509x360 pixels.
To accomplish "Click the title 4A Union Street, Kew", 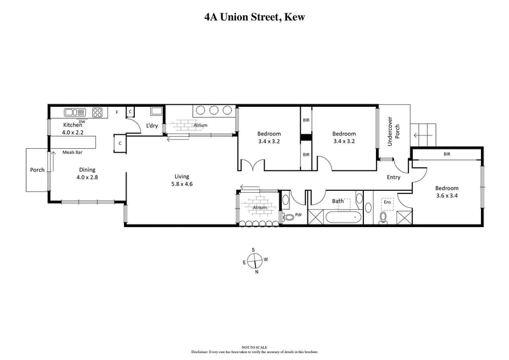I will pos(254,17).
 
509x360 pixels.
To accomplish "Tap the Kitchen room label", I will pos(73,125).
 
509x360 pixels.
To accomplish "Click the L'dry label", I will pos(151,126).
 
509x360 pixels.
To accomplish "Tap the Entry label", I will pos(394,177).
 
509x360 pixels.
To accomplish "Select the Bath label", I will pos(338,201).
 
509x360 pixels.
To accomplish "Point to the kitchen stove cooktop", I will pos(98,113).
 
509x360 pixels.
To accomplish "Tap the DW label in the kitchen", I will pos(82,121).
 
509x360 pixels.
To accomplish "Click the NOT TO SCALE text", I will pos(254,347).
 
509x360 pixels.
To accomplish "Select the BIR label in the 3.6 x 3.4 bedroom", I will pos(447,155).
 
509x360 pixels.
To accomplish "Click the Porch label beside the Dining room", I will pos(38,170).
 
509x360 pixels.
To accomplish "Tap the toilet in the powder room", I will pos(290,217).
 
